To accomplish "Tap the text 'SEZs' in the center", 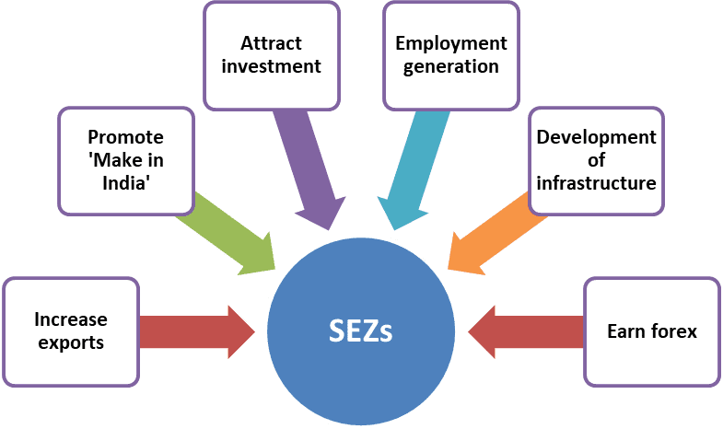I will (361, 330).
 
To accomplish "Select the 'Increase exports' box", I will (71, 331).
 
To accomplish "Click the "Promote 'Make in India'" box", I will (126, 159).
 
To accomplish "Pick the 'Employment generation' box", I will (451, 55).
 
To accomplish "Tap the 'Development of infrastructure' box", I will (596, 159).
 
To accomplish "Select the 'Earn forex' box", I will (652, 331).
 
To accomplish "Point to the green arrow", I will (228, 232).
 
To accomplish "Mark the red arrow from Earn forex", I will (525, 330).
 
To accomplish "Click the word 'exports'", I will (71, 342).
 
